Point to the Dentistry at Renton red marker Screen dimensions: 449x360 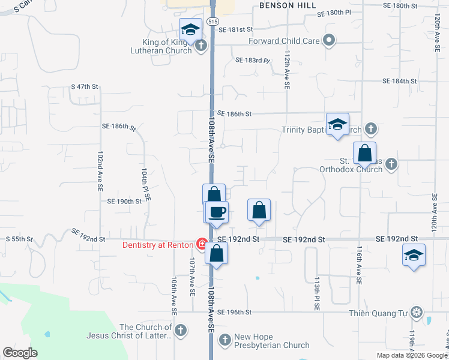pos(203,244)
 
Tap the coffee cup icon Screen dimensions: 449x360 pos(217,212)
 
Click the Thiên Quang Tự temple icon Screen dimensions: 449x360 pos(417,312)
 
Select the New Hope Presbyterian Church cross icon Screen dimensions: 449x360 pos(224,340)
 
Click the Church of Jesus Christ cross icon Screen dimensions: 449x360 pos(180,329)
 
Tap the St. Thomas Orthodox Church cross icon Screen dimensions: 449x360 pos(391,163)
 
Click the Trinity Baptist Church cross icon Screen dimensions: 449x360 pos(371,128)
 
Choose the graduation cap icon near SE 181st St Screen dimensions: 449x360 pos(191,29)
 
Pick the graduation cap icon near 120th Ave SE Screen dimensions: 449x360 pos(414,254)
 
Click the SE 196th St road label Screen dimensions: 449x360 pos(234,312)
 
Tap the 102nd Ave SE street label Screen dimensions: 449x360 pos(100,170)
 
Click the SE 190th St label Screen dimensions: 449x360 pos(124,202)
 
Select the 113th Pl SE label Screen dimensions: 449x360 pos(317,293)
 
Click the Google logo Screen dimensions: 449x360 pos(20,353)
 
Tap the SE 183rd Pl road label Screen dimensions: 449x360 pos(253,61)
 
